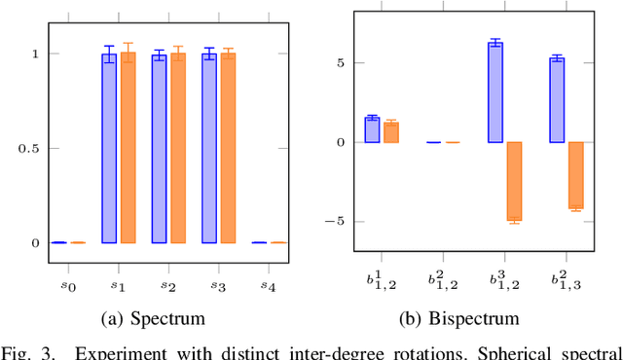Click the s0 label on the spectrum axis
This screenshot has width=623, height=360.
[58, 285]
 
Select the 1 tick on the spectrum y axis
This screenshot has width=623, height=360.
[34, 54]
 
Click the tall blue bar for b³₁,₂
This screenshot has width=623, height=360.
[495, 92]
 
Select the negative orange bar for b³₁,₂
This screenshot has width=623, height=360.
[514, 181]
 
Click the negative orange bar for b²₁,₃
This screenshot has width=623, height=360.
[575, 175]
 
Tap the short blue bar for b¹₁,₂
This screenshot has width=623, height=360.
[372, 130]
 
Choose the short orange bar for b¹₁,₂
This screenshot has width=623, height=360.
[390, 132]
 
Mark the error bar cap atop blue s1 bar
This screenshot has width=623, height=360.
[109, 46]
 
